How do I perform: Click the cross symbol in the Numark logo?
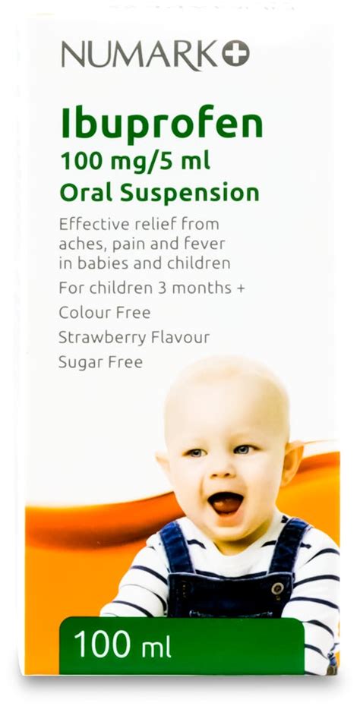235,53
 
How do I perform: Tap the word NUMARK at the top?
140,54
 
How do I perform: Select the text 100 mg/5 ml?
135,162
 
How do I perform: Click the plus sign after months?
240,289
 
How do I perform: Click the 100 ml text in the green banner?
122,645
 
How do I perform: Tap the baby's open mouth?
226,503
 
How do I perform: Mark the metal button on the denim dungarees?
277,588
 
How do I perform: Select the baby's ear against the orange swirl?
291,463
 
